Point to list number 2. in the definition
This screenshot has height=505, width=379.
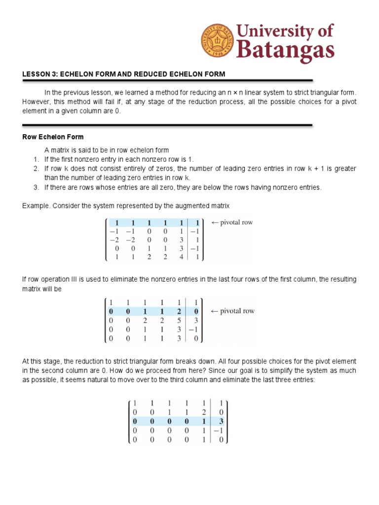(x=36, y=169)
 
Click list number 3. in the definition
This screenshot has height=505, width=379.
(x=36, y=187)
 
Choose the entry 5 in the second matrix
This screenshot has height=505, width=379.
(x=182, y=320)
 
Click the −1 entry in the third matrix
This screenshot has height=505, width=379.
(x=219, y=430)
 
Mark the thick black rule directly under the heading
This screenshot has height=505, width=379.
(x=168, y=80)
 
